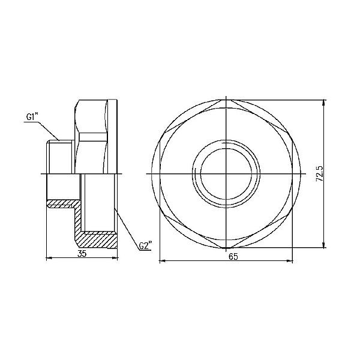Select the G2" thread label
click(x=145, y=246)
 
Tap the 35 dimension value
click(x=82, y=254)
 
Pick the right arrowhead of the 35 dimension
click(x=115, y=259)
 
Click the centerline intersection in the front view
click(x=226, y=173)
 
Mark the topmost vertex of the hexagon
click(x=226, y=100)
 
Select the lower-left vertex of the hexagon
click(x=162, y=211)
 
